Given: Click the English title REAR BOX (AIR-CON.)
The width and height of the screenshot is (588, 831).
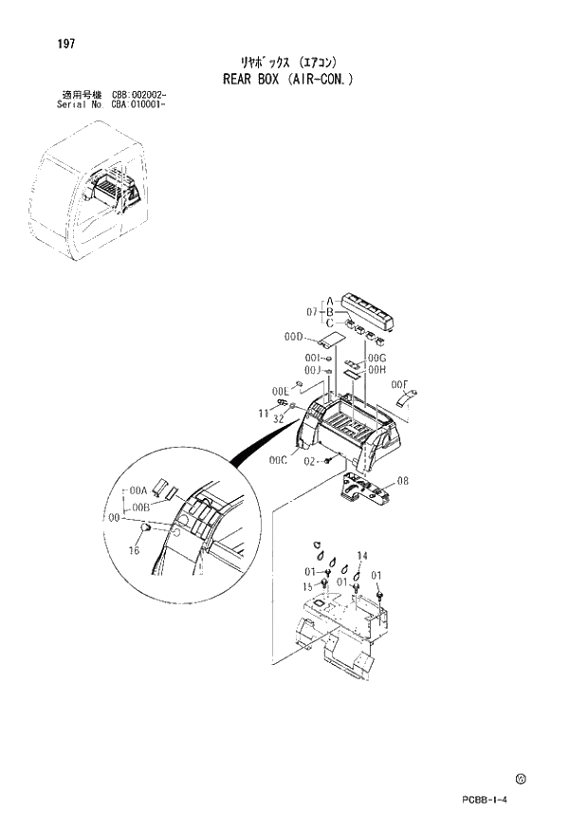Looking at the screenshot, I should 287,80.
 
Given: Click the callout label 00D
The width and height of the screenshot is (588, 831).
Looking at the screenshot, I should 292,337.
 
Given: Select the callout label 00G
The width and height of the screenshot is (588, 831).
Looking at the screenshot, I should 377,358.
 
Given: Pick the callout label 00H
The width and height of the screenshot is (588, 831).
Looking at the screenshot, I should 377,369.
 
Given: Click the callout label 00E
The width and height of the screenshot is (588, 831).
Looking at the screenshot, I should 280,390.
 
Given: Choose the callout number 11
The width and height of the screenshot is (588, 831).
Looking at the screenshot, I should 264,413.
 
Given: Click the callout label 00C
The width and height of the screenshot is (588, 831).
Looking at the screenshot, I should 277,460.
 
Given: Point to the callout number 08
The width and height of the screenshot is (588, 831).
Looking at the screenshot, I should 403,481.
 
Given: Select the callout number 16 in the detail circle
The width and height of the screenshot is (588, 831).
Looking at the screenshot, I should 134,549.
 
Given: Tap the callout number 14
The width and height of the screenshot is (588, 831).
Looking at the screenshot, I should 362,554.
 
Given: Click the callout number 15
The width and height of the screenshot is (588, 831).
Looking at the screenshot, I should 307,587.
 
